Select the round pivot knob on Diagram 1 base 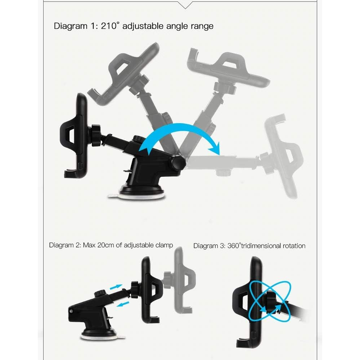(179, 163)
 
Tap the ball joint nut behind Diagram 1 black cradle (96, 135)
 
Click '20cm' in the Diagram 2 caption (105, 245)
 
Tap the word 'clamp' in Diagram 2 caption (164, 246)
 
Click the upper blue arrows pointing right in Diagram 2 (116, 287)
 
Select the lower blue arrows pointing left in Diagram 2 (123, 304)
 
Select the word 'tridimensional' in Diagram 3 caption (261, 246)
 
